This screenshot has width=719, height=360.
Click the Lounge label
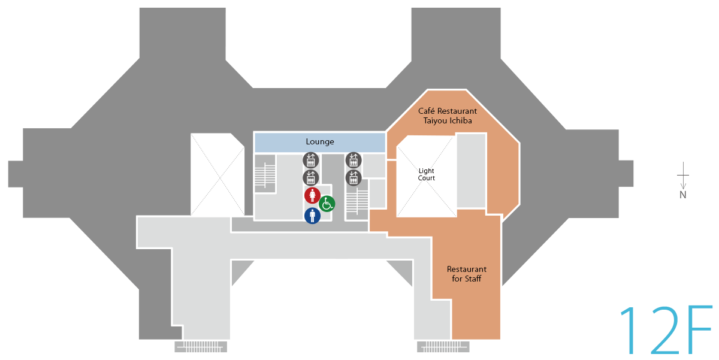[x=320, y=142]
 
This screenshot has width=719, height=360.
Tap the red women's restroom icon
[x=312, y=195]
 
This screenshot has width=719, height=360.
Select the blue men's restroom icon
[x=312, y=216]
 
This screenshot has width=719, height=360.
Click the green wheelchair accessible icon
[x=327, y=204]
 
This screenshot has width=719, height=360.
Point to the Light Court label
[x=427, y=174]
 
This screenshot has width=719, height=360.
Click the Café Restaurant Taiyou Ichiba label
[x=448, y=116]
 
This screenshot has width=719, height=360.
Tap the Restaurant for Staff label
[x=467, y=274]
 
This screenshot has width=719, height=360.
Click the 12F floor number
[x=665, y=331]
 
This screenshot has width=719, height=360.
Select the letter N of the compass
[x=682, y=195]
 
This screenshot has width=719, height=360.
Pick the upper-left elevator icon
[x=310, y=160]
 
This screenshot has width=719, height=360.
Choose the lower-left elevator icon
[x=310, y=177]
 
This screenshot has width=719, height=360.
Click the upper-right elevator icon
[x=354, y=160]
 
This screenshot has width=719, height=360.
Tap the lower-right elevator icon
[x=354, y=177]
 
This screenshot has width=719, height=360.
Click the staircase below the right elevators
[x=358, y=202]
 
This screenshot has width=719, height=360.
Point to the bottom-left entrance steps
[x=201, y=346]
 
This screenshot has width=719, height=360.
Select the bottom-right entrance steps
[x=443, y=346]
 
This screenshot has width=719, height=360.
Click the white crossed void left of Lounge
[x=217, y=175]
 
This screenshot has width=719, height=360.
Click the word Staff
[x=473, y=279]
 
